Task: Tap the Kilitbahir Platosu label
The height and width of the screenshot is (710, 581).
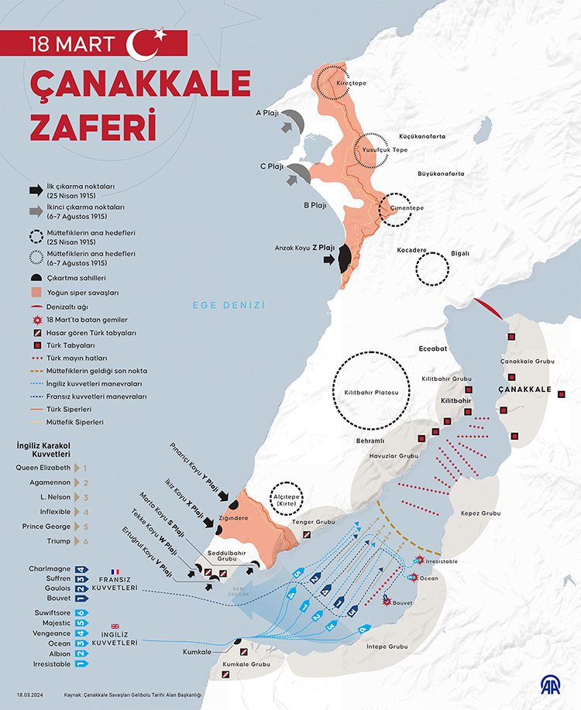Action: tap(370, 393)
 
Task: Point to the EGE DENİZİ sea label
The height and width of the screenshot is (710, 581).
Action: tap(229, 306)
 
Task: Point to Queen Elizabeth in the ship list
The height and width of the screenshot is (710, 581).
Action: tap(43, 468)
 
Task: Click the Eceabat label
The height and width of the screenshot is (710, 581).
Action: tap(433, 349)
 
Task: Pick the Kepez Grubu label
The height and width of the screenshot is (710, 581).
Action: tap(480, 513)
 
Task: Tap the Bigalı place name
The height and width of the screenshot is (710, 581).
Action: tap(460, 253)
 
